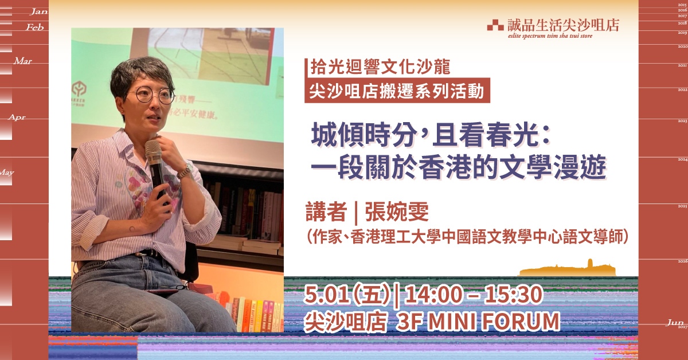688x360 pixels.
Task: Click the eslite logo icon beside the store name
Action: click(x=495, y=25)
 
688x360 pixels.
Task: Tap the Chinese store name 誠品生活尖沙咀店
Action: click(x=563, y=25)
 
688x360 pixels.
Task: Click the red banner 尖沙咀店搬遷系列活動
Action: click(x=397, y=91)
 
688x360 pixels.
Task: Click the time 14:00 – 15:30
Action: click(x=474, y=296)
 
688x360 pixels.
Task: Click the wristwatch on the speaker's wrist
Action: click(x=185, y=170)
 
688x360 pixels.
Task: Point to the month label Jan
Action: click(x=38, y=11)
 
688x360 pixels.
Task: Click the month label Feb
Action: click(x=35, y=27)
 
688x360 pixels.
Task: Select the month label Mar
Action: click(x=23, y=61)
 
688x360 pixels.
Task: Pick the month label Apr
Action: click(x=17, y=117)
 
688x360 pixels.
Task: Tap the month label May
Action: click(x=7, y=172)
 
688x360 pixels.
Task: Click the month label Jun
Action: click(x=674, y=323)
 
